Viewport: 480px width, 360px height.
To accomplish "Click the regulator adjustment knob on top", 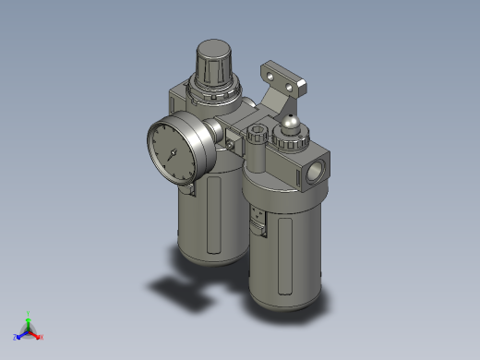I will click(214, 62).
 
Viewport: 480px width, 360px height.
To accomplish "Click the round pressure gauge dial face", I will click(175, 150).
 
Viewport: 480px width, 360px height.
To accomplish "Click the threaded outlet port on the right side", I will click(315, 172).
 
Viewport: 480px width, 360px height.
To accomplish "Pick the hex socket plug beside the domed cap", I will click(257, 135).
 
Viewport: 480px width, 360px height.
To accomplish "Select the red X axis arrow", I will click(40, 336).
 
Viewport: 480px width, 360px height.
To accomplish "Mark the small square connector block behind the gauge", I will click(231, 138).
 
